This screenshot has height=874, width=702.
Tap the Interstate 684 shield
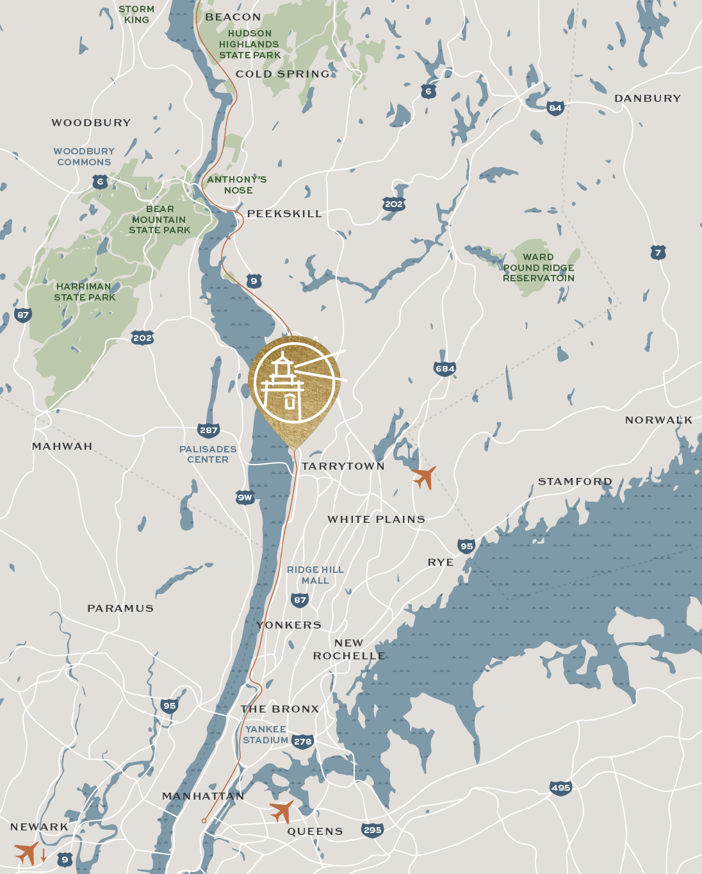tap(445, 368)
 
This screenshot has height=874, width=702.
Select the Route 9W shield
tap(245, 497)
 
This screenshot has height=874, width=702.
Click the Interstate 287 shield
tap(209, 430)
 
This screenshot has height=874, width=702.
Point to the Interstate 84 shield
tap(555, 108)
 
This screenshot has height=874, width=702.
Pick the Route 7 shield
tap(658, 252)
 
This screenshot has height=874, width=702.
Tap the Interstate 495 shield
tap(560, 788)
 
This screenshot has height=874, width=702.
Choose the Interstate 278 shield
tap(302, 741)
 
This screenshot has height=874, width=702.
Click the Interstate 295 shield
tap(372, 830)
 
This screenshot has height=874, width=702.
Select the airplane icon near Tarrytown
tap(424, 477)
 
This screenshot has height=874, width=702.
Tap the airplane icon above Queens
tap(282, 811)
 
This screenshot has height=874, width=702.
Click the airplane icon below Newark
tap(27, 853)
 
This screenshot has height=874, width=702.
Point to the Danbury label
tap(648, 99)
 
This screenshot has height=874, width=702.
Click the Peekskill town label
tap(284, 214)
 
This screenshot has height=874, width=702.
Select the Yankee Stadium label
tap(266, 734)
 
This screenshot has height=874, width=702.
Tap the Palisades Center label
tap(208, 454)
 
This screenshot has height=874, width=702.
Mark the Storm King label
tap(136, 14)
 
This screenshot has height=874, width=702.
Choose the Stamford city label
tap(575, 481)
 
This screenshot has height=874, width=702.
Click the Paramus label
tap(120, 608)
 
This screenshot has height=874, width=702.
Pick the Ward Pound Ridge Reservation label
tap(539, 267)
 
